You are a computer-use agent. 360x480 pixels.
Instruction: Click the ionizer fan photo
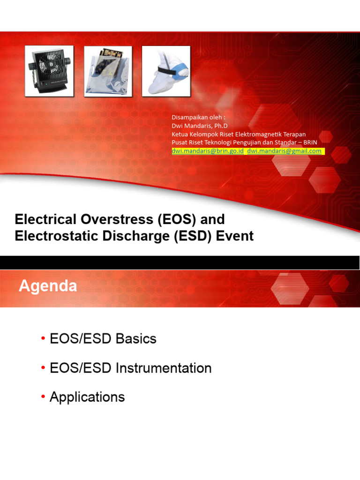tap(49, 71)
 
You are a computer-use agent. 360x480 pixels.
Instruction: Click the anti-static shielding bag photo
tap(108, 71)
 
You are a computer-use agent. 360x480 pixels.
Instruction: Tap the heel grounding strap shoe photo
tap(166, 71)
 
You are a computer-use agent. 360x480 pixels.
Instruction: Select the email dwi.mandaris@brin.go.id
tap(208, 151)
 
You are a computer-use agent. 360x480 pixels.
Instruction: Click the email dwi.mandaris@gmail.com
tap(285, 151)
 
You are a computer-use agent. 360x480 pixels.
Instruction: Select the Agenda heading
tap(48, 286)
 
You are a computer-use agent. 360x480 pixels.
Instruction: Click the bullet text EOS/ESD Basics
tap(103, 339)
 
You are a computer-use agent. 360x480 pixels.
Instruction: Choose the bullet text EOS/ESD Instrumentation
tap(131, 368)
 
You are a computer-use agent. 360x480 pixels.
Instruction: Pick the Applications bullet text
tap(87, 397)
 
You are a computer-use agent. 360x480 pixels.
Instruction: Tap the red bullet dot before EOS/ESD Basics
tap(43, 339)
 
